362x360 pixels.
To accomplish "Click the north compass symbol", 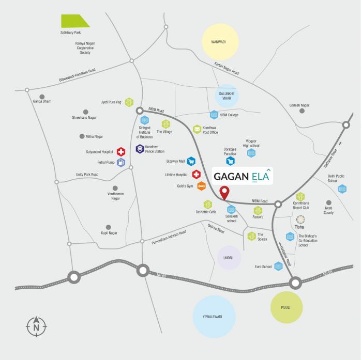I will point(36,326).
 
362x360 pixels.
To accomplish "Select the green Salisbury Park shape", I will point(75,21).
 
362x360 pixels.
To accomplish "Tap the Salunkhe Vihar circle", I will point(226,96).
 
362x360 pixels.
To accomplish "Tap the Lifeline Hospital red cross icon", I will point(197,175).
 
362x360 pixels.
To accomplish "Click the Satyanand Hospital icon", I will point(120,152).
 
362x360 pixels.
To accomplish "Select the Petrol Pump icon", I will point(121,163).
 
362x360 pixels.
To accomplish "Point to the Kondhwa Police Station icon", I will point(140,149).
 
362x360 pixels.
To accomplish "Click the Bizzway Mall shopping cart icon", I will point(191,161).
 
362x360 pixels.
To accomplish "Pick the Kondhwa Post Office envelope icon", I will point(197,129).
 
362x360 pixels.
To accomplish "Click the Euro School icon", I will point(278,267).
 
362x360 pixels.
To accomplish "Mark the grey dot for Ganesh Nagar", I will point(302,111).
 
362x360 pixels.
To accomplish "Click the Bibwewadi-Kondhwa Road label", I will point(70,76).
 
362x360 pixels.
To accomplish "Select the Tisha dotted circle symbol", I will point(299,219).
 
